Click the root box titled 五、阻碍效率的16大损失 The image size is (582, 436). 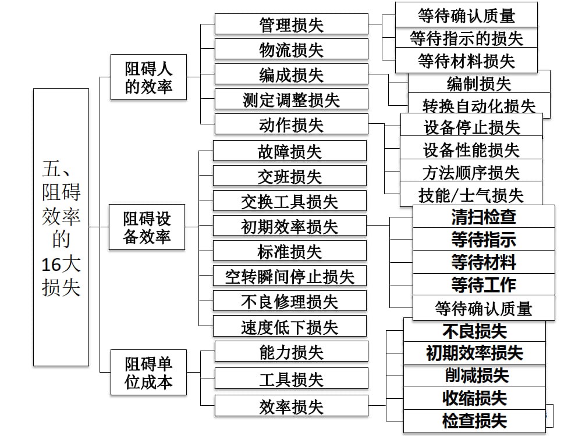[x=61, y=227]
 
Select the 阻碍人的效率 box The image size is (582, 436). [x=148, y=78]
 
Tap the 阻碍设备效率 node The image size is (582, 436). [x=148, y=228]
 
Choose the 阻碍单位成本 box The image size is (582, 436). [x=148, y=373]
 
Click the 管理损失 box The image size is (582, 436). [x=291, y=24]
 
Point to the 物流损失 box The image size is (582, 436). [x=291, y=49]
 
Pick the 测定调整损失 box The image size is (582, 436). [x=291, y=99]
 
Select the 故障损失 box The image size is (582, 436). [x=289, y=151]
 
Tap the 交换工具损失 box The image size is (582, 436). [x=289, y=201]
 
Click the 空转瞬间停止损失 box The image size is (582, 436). [x=289, y=276]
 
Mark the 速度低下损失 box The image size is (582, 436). [x=289, y=326]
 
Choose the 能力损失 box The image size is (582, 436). [x=291, y=352]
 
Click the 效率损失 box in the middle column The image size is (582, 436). [x=291, y=406]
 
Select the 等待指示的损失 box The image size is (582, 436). [x=466, y=38]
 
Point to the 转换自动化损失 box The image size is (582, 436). [x=479, y=105]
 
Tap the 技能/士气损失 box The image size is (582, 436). [x=471, y=194]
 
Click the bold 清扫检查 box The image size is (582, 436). [x=484, y=217]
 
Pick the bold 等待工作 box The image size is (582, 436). [x=484, y=284]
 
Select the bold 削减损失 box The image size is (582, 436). [x=475, y=376]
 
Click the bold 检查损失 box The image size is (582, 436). [x=475, y=420]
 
